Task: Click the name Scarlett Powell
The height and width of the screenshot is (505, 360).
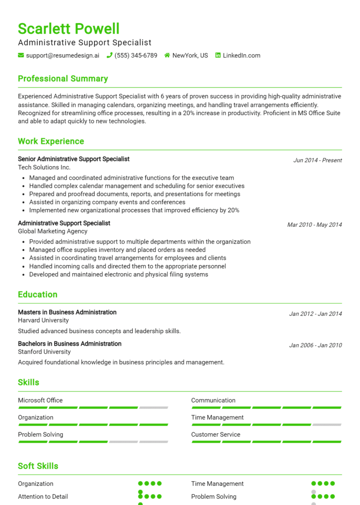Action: click(x=69, y=29)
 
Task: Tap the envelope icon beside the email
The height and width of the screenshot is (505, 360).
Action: click(x=21, y=55)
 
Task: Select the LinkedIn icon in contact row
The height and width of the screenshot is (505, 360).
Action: click(x=218, y=55)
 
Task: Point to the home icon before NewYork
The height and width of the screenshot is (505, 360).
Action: click(x=167, y=55)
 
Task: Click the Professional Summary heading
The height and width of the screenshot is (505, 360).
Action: click(x=63, y=79)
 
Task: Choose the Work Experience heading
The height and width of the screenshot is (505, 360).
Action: click(x=51, y=141)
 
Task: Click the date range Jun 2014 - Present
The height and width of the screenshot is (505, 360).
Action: click(x=317, y=160)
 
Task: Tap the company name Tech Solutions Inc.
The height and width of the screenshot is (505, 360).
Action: click(x=44, y=167)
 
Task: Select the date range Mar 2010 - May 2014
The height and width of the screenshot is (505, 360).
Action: click(x=315, y=225)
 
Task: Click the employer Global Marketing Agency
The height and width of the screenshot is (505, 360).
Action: click(x=52, y=231)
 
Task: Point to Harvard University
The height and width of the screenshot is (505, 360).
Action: click(x=43, y=320)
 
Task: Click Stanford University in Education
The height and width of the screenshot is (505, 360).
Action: click(x=44, y=352)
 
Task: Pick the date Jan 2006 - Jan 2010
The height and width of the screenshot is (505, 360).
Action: click(x=315, y=345)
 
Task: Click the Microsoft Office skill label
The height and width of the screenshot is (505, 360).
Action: click(x=40, y=401)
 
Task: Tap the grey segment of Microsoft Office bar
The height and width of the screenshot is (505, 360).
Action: click(x=153, y=408)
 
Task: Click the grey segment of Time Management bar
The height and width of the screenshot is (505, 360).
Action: click(x=327, y=425)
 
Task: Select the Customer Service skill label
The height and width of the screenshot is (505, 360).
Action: click(x=216, y=435)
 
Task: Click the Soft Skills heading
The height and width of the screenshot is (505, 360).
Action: click(x=38, y=466)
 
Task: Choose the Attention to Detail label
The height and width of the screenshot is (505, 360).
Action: click(x=43, y=497)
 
